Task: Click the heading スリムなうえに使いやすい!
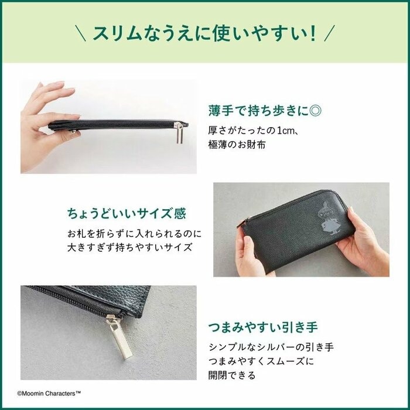pyautogui.click(x=205, y=33)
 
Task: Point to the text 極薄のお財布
pyautogui.click(x=237, y=144)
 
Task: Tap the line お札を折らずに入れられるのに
pyautogui.click(x=135, y=233)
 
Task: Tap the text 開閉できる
pyautogui.click(x=231, y=376)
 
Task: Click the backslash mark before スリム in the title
pyautogui.click(x=81, y=33)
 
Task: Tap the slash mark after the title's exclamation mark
pyautogui.click(x=330, y=33)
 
